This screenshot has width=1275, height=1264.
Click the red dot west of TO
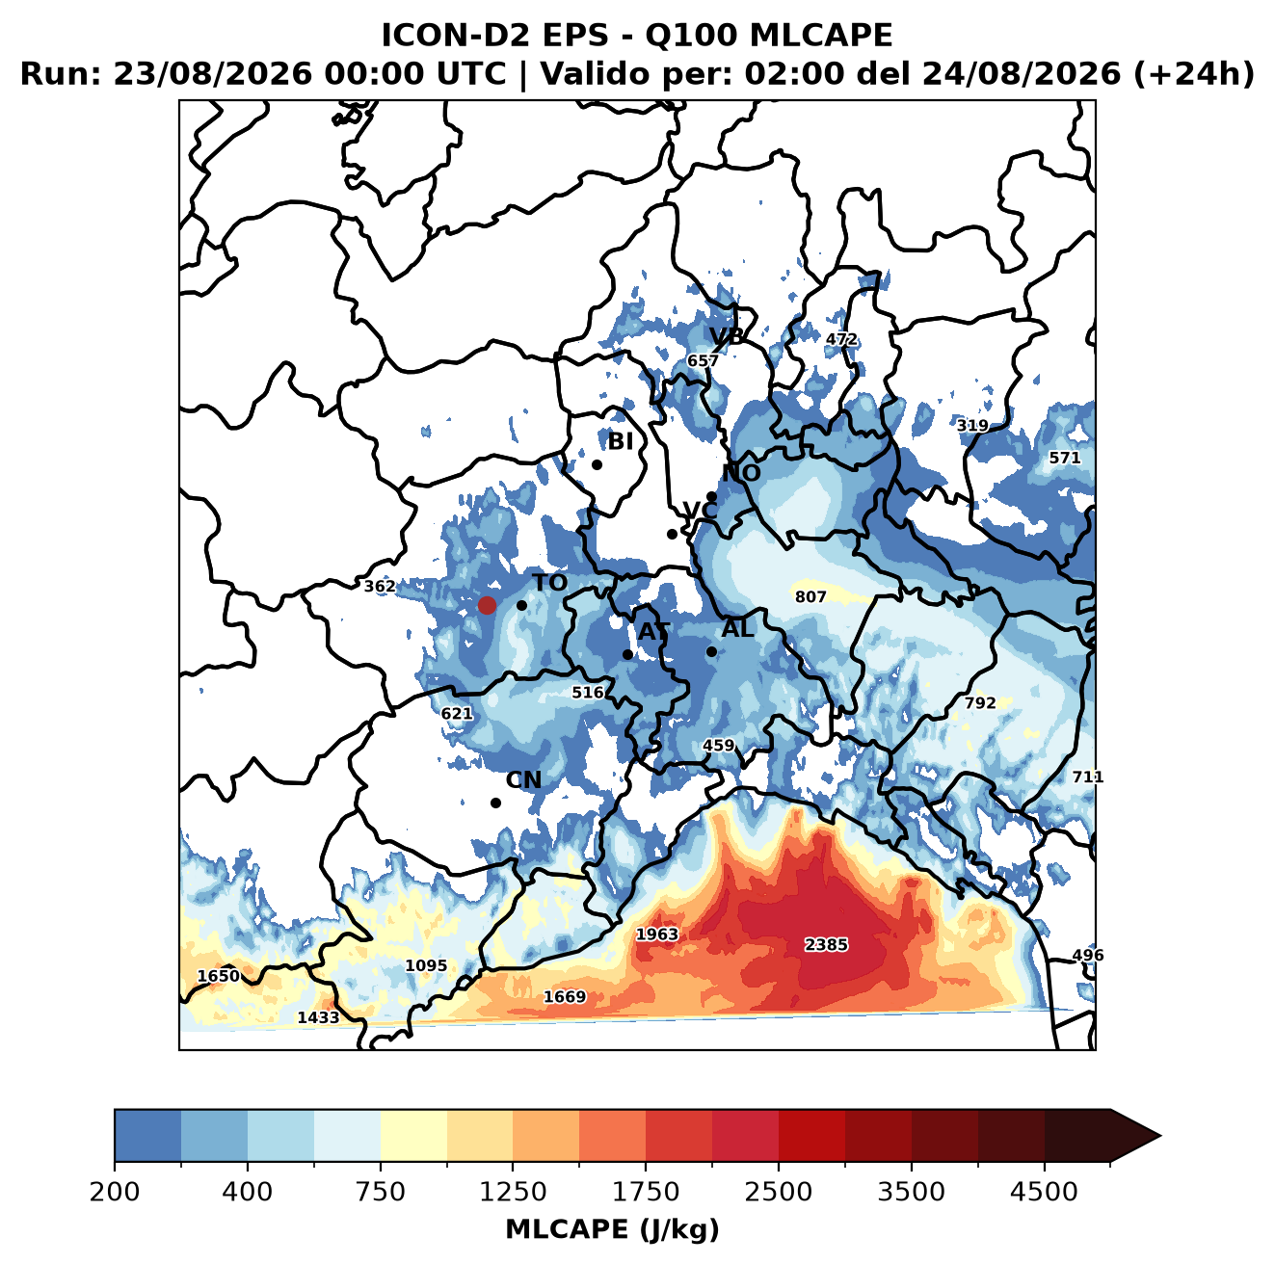pos(487,605)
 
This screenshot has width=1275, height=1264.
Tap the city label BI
pos(620,442)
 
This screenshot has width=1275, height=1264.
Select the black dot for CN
pos(495,803)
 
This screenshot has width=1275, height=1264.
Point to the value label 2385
pos(826,945)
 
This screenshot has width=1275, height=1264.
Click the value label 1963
pos(657,935)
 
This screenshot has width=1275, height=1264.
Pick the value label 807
pos(810,597)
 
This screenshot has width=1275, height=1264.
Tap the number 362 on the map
pos(380,587)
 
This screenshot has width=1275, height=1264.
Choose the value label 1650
pos(219,976)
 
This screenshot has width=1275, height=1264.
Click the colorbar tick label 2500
pos(778,1193)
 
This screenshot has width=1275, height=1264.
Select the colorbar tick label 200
pos(115,1193)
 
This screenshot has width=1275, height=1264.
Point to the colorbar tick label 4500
pos(1044,1193)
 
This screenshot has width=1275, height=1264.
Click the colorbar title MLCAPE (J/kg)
pos(612,1229)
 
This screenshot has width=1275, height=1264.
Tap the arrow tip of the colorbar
pos(1161,1137)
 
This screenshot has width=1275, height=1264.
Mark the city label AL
pos(738,628)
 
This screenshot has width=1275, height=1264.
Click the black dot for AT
pos(627,655)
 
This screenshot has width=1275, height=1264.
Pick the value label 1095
pos(426,965)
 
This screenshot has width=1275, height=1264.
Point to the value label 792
pos(980,703)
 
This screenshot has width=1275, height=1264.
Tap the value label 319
pos(972,426)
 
